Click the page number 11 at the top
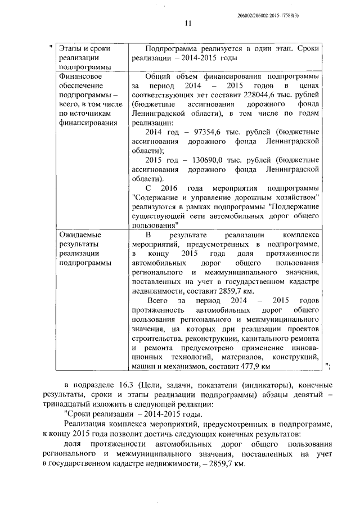tap(188, 23)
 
